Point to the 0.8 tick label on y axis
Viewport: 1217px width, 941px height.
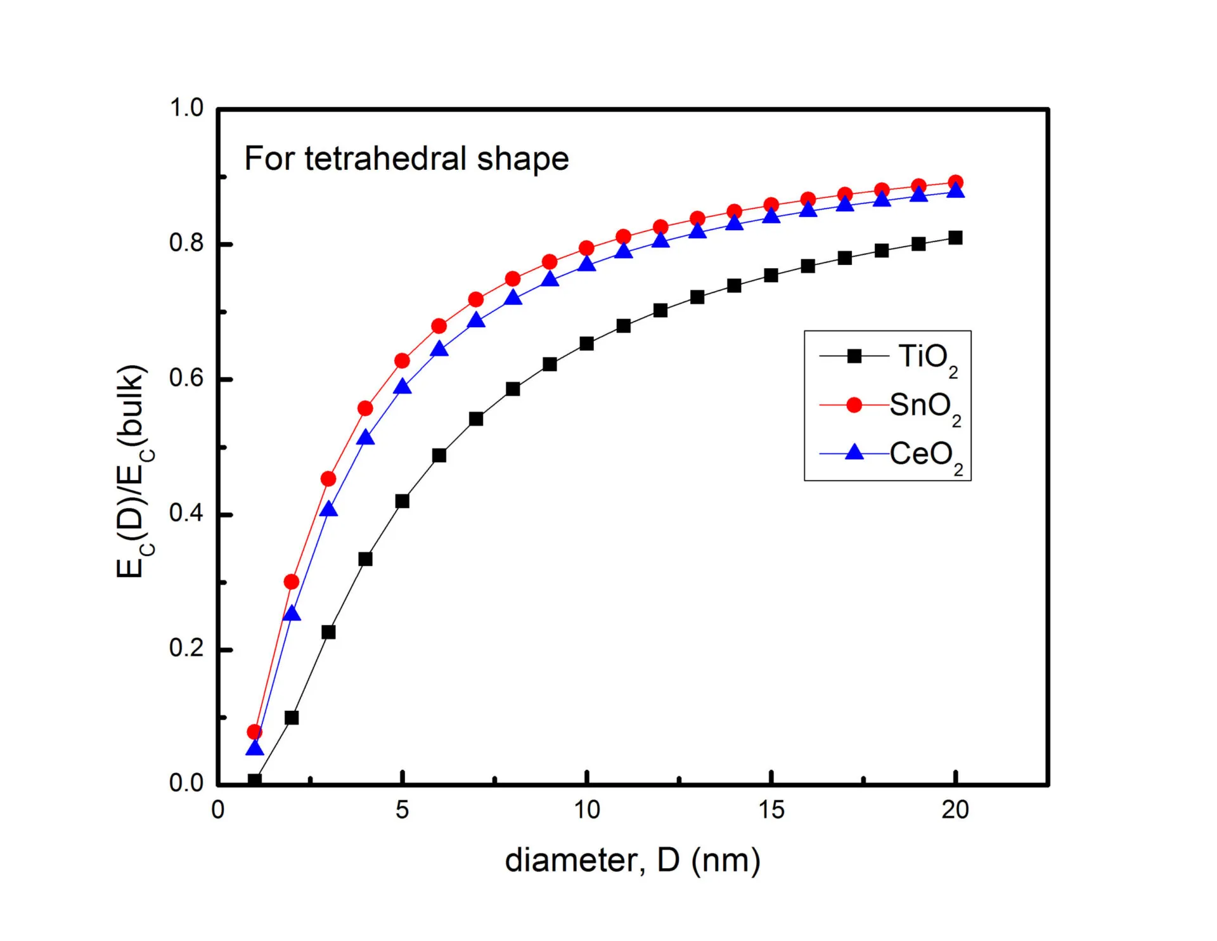[186, 243]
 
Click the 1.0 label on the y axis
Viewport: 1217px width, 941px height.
[186, 108]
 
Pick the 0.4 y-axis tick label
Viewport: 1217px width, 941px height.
[186, 513]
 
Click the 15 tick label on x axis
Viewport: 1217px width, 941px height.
[771, 810]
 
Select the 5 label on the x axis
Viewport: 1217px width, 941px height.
[402, 810]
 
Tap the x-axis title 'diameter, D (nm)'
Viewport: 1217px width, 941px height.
[632, 860]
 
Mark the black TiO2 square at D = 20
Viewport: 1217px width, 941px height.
[955, 238]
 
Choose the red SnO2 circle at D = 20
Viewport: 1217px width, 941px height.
[955, 183]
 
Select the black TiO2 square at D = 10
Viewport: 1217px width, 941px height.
[586, 344]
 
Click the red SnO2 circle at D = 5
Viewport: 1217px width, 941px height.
[402, 361]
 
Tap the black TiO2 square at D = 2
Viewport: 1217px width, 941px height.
[292, 718]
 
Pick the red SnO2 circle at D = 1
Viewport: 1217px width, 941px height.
[255, 732]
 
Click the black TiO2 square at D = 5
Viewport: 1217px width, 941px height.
[402, 502]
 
